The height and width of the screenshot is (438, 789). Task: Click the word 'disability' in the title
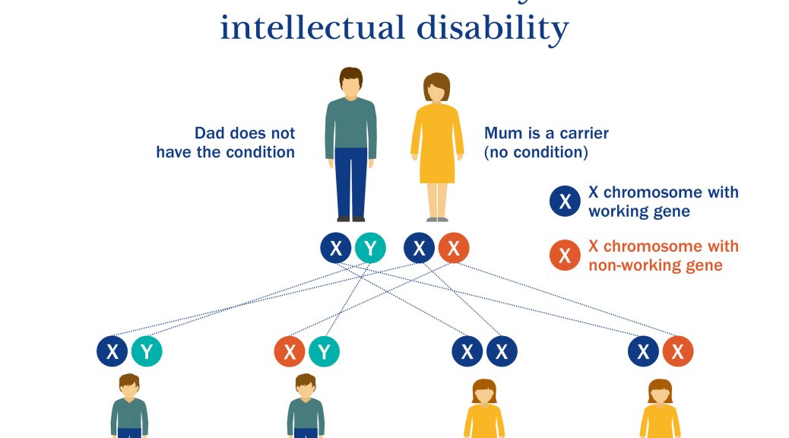point(493,29)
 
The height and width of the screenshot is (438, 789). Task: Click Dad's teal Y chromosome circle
point(370,248)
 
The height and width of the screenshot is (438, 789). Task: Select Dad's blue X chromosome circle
point(336,248)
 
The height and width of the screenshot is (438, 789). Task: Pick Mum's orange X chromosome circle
point(453,248)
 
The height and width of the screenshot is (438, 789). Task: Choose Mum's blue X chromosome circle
point(419,248)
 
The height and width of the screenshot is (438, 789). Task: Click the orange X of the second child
point(290,351)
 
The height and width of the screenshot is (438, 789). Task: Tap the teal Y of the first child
point(147,351)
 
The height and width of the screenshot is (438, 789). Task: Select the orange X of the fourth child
point(678,351)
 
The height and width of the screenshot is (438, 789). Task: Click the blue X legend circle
point(565,202)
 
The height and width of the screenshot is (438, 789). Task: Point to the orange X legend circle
point(565,255)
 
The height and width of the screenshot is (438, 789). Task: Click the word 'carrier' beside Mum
point(584,133)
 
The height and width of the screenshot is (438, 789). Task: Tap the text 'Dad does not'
point(245,133)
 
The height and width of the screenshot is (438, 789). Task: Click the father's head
point(350,82)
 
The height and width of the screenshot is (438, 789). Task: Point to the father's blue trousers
point(350,182)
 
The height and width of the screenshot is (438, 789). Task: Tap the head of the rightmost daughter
point(661,392)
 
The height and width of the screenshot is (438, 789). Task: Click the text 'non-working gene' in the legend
point(655,265)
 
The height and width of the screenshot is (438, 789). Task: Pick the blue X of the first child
point(112,351)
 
